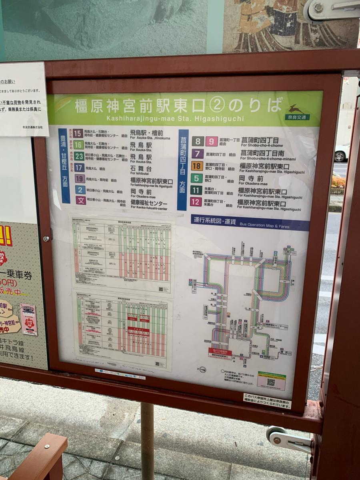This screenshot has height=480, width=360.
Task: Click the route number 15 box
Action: [78, 133]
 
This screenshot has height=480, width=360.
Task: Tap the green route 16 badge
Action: [79, 145]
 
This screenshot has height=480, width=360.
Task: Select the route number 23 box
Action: [79, 156]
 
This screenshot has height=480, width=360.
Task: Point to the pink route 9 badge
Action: [212, 141]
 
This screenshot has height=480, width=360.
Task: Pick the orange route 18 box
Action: [197, 166]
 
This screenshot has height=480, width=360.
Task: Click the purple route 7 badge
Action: [197, 154]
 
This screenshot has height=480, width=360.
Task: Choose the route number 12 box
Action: [196, 202]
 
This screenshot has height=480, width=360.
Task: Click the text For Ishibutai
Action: [139, 173]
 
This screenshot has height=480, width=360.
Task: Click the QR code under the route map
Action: [271, 382]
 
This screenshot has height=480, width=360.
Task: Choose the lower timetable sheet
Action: [123, 330]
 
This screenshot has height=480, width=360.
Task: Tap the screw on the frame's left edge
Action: [46, 239]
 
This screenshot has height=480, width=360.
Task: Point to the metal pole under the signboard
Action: [147, 440]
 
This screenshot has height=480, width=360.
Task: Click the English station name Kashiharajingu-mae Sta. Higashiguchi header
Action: [174, 118]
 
